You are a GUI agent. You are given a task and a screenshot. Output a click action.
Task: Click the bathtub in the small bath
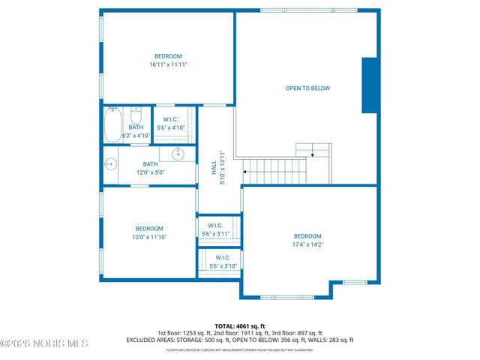tap(112, 124)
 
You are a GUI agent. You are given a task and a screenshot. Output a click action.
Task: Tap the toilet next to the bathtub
tap(136, 116)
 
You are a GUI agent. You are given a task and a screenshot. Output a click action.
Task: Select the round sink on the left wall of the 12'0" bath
tap(110, 163)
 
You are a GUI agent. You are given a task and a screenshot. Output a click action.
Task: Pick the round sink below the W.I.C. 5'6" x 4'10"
tap(178, 154)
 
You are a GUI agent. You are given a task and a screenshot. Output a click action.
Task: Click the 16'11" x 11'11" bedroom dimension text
tap(168, 65)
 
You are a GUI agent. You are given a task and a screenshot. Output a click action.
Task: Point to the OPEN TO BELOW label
tap(307, 88)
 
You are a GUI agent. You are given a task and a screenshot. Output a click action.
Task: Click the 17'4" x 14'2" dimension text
tap(307, 244)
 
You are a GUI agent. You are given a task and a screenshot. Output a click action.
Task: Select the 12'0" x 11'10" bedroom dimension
tap(148, 237)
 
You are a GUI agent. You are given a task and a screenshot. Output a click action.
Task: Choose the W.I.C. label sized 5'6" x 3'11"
tap(215, 225)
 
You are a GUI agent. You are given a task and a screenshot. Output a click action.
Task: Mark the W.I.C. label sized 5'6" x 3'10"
tap(215, 258)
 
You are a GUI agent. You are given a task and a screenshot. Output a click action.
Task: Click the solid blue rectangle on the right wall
tap(369, 85)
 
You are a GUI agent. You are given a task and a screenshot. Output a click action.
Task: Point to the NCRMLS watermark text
tap(45, 343)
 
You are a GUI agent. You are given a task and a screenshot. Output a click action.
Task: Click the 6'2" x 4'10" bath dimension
tap(136, 136)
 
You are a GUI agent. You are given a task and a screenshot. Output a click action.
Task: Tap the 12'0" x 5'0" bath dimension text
tap(151, 172)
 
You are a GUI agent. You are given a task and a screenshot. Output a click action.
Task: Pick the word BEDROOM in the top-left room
tap(168, 56)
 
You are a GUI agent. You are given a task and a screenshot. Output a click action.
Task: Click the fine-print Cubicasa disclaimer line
tap(239, 349)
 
